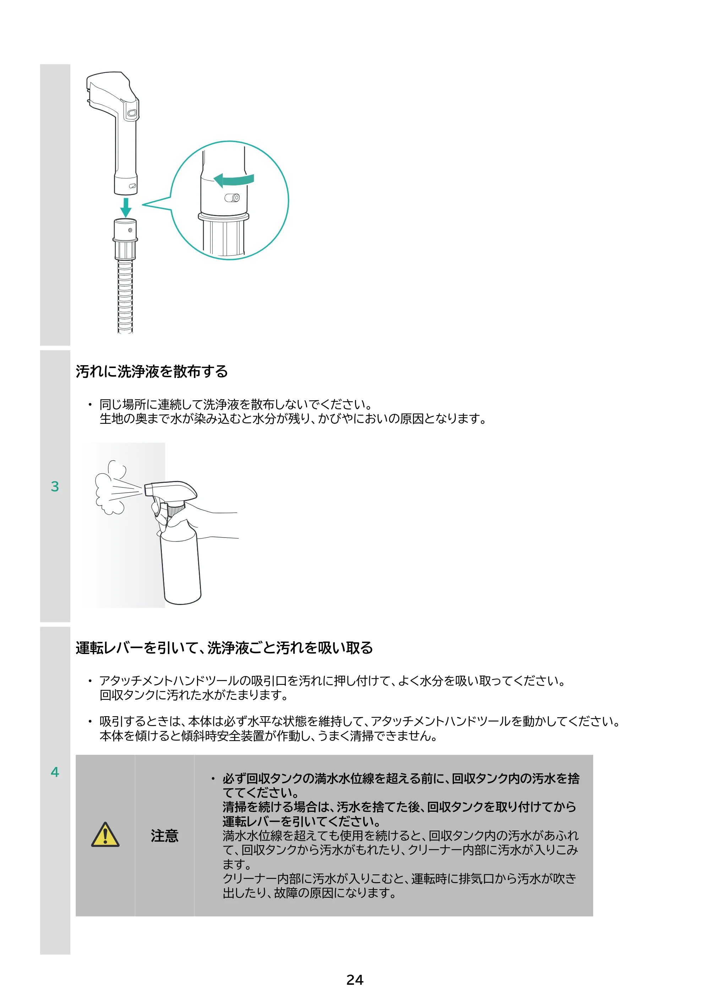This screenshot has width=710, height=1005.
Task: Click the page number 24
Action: (x=355, y=980)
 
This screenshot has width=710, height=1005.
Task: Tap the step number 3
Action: (x=55, y=486)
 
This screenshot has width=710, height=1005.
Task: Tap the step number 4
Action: (x=55, y=772)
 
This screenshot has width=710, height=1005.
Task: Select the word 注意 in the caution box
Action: (x=164, y=836)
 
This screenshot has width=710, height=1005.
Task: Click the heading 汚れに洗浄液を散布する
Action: (x=152, y=371)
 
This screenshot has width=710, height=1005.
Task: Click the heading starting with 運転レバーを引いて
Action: (x=224, y=648)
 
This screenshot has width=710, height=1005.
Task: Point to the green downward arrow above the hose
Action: (x=126, y=207)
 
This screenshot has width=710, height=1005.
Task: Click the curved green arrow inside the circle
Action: (x=234, y=180)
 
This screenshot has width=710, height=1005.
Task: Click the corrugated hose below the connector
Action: (x=125, y=296)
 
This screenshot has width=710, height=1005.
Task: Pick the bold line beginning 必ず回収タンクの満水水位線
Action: (x=401, y=779)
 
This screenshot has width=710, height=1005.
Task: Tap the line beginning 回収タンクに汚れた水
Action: (x=194, y=695)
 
